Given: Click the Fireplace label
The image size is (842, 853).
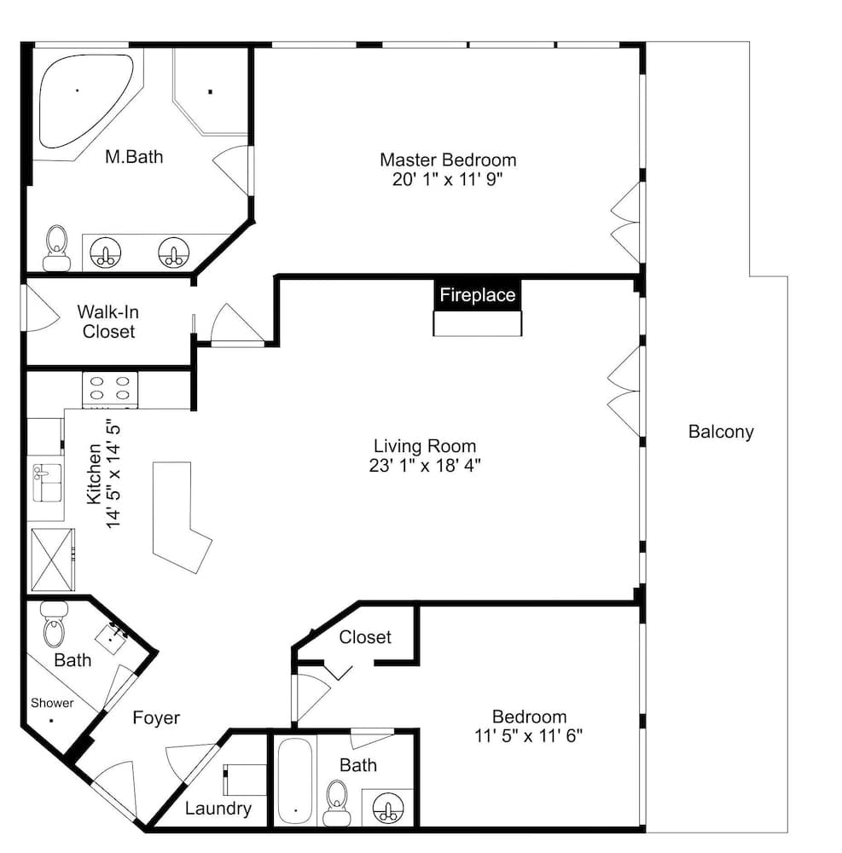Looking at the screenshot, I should coord(477,295).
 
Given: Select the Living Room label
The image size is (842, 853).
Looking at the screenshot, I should coord(425,445).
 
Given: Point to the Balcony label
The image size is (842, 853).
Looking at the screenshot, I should coord(721,432).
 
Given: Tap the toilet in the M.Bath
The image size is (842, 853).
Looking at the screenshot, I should coord(56,247).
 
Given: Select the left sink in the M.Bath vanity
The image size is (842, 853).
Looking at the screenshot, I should coord(106,253).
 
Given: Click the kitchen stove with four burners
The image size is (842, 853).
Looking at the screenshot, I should coord(110,389).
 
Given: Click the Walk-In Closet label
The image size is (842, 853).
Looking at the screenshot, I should coord(108,322).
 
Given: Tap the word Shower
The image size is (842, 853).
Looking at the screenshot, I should coord(52,703).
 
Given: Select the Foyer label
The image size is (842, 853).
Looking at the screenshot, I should coord(156,717).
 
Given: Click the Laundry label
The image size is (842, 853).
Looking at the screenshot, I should coord(218,809).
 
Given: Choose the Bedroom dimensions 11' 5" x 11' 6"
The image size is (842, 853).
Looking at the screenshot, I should coord(528,734).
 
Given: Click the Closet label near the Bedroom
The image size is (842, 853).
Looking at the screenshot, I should coord(365,637).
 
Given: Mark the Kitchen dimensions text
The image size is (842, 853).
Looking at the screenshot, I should coord(113,473).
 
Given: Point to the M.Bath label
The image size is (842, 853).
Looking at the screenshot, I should coord(134,157).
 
